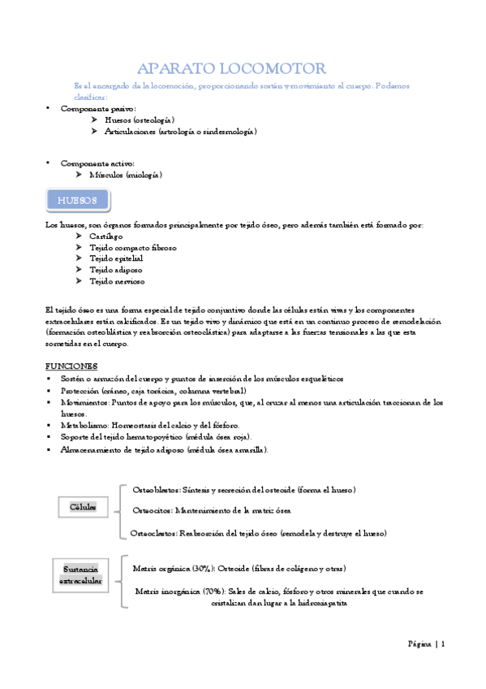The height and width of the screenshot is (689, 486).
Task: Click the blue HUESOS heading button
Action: pos(77,200)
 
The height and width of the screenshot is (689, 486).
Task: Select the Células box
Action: pos(83,507)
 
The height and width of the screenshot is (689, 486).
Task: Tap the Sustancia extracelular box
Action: pos(82,574)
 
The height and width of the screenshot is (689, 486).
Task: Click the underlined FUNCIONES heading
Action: pos(71,366)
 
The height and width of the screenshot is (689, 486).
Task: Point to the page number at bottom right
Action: pos(426,643)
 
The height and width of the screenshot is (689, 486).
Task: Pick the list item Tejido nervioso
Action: pos(118,281)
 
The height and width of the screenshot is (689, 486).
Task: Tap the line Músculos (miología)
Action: pos(134,175)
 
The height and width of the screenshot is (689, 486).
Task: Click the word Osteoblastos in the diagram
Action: pos(156,489)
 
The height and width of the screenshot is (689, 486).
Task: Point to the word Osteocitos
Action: pos(152,510)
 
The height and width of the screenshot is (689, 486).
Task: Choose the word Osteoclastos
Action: pos(156,533)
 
